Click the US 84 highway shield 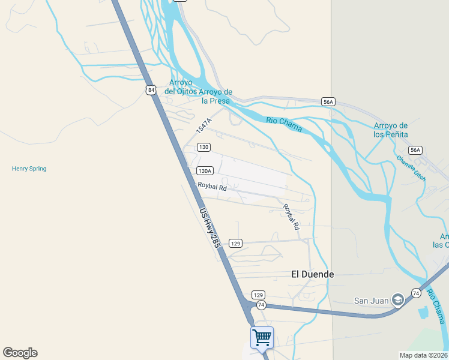150,90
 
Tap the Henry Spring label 29,169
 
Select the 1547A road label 203,125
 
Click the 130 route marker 204,147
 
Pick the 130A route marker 205,171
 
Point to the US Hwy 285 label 209,227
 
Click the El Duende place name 312,274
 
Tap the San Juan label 370,301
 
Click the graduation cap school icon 397,300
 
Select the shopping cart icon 262,337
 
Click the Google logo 20,353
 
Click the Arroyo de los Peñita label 391,130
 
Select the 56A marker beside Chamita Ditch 415,150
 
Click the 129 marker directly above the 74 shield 258,295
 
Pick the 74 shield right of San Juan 415,293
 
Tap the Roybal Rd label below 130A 212,187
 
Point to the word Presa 215,101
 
